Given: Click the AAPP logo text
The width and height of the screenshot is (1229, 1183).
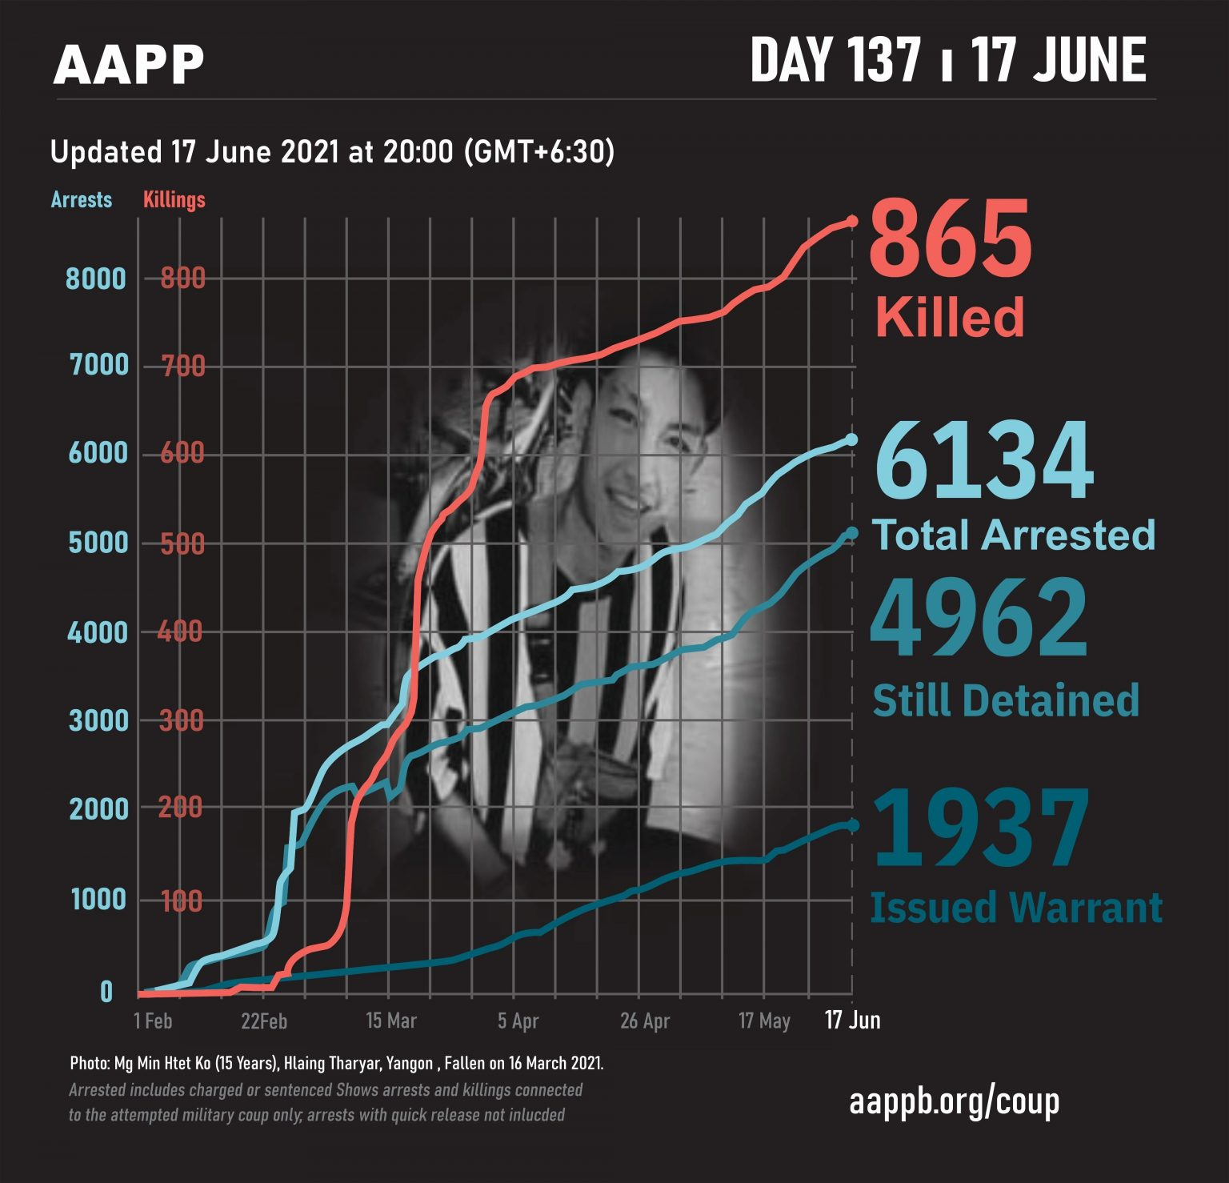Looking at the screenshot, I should pyautogui.click(x=128, y=64).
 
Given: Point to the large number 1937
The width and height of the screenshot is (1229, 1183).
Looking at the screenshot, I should pyautogui.click(x=982, y=829).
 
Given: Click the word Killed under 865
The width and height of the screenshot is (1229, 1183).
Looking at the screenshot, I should pyautogui.click(x=950, y=317).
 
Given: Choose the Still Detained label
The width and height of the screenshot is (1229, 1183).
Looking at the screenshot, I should pyautogui.click(x=1006, y=700).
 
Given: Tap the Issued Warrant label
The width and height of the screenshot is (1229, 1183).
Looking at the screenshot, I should pyautogui.click(x=1016, y=908).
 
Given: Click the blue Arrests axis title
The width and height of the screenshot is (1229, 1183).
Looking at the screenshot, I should pyautogui.click(x=82, y=199).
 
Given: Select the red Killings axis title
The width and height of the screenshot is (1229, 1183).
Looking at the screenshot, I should pyautogui.click(x=174, y=199).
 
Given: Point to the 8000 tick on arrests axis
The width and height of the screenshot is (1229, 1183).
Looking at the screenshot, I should pyautogui.click(x=96, y=279).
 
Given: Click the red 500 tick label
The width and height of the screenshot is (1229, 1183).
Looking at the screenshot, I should pyautogui.click(x=182, y=544).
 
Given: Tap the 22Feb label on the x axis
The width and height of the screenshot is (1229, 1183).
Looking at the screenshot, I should pyautogui.click(x=264, y=1021).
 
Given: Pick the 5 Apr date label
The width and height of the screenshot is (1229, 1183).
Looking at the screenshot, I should pyautogui.click(x=518, y=1021).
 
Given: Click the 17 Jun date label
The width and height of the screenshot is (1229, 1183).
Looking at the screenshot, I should pyautogui.click(x=853, y=1021).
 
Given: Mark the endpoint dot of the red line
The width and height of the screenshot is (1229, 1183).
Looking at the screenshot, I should pyautogui.click(x=852, y=220).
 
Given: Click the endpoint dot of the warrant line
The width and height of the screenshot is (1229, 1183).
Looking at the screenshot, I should pyautogui.click(x=852, y=824).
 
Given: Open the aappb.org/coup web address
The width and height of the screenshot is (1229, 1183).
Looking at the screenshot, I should pyautogui.click(x=955, y=1102).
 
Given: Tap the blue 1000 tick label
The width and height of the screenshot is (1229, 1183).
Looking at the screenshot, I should pyautogui.click(x=98, y=900).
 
